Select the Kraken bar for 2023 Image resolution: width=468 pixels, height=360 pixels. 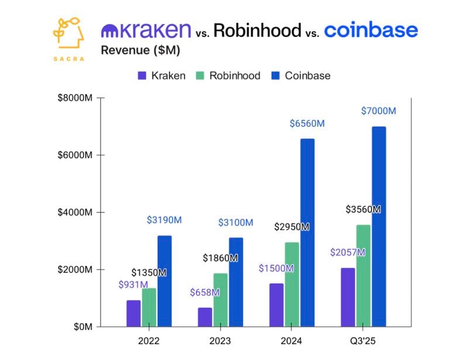coord(205,317)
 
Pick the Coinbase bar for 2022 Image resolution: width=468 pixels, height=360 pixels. coord(164,281)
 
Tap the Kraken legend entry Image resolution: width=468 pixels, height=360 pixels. coord(162,76)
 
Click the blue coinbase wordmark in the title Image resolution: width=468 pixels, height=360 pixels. coord(371,30)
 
